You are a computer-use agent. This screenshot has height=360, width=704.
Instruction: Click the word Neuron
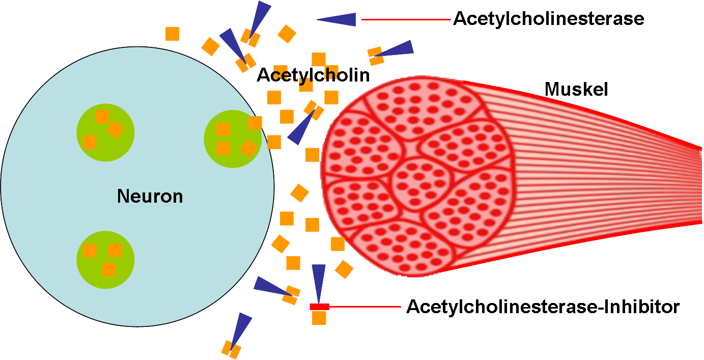click(150, 196)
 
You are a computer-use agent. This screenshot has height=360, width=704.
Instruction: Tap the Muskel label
click(576, 90)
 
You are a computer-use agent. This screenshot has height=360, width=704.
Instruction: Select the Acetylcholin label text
click(313, 75)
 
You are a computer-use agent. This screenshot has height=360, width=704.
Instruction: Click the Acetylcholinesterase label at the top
click(548, 19)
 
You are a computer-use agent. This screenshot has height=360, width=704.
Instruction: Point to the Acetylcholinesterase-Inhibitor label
click(543, 307)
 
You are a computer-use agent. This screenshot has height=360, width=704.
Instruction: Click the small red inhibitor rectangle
click(319, 307)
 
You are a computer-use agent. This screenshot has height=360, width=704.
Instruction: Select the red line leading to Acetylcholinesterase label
click(406, 20)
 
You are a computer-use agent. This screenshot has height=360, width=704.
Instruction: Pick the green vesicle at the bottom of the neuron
click(105, 260)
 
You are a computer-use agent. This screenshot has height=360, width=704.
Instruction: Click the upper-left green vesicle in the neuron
click(105, 132)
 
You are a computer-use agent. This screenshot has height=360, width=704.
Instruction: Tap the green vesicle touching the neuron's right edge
click(232, 138)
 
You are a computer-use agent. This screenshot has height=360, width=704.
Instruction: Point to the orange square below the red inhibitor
click(319, 318)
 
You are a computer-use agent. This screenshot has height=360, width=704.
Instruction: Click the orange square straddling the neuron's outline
click(255, 123)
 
